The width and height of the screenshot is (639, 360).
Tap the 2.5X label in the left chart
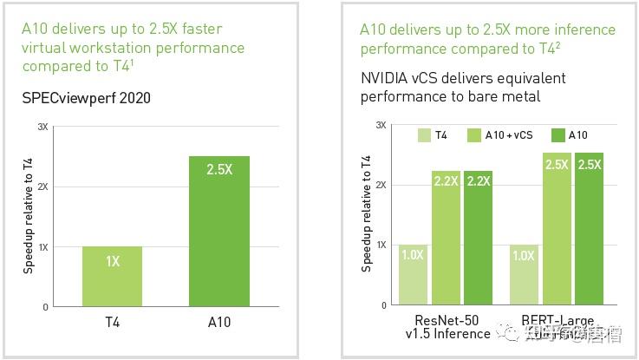click(x=218, y=170)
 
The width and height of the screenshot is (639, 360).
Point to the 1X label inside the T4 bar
click(x=113, y=260)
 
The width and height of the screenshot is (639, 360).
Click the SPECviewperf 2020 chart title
click(x=86, y=98)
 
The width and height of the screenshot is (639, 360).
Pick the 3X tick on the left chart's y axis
click(x=42, y=127)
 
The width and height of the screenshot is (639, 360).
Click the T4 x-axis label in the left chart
click(x=113, y=322)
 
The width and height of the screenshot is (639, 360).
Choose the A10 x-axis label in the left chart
click(x=218, y=322)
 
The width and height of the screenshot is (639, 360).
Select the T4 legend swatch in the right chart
click(x=424, y=135)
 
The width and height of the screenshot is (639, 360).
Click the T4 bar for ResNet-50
click(x=412, y=275)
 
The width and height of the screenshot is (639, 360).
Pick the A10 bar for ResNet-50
click(x=478, y=238)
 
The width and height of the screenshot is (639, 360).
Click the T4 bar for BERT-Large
click(x=524, y=275)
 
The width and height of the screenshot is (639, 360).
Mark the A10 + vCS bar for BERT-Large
click(x=557, y=229)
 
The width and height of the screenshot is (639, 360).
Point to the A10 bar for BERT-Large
click(x=590, y=229)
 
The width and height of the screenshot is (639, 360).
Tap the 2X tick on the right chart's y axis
click(x=380, y=185)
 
